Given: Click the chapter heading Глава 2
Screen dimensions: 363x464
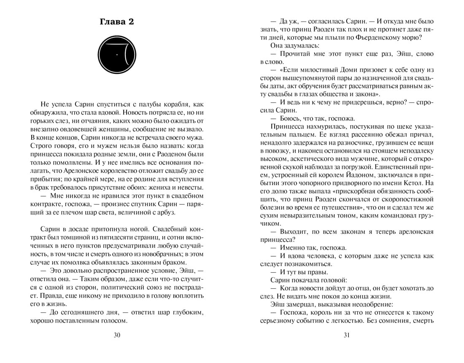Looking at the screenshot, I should (116, 22).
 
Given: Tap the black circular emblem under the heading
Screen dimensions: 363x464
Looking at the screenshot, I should (116, 54).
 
